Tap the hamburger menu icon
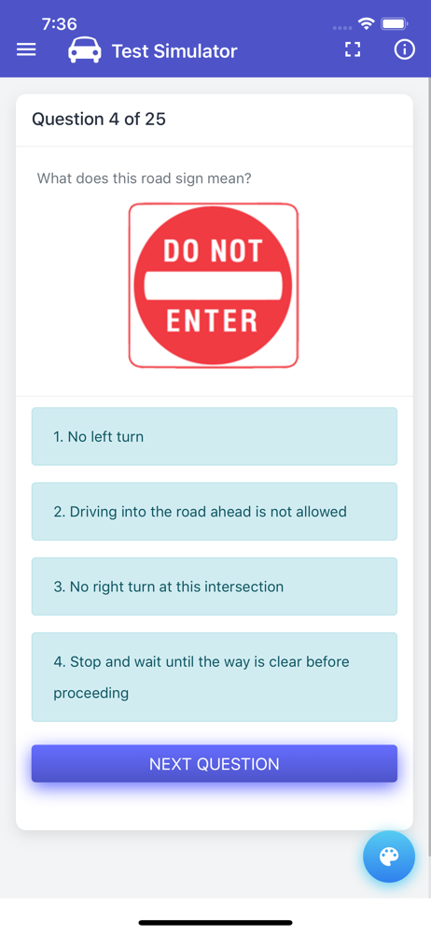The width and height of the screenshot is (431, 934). [x=26, y=50]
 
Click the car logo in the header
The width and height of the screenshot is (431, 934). [x=85, y=50]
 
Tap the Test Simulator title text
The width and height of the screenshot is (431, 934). [x=174, y=51]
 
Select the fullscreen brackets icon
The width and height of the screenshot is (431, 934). [x=353, y=50]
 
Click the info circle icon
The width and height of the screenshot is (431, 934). [x=404, y=50]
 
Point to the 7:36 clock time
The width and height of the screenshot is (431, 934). [x=60, y=24]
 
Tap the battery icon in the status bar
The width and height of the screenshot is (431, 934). [x=395, y=24]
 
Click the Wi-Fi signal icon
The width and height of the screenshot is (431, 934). [x=366, y=24]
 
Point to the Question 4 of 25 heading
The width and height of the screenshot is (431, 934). [x=99, y=120]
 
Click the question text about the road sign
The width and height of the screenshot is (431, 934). [x=144, y=178]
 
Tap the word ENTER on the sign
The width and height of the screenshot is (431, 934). [x=212, y=320]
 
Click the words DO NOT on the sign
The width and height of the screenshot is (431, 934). [x=213, y=250]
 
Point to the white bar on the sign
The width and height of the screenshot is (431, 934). [x=213, y=285]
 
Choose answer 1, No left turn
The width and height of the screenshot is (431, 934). [x=215, y=436]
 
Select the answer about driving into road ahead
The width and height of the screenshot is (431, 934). [x=215, y=512]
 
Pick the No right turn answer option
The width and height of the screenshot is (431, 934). [x=215, y=587]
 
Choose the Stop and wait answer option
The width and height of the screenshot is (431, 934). [x=215, y=677]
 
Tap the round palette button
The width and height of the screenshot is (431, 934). [x=389, y=856]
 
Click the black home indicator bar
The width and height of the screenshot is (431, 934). [x=215, y=923]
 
